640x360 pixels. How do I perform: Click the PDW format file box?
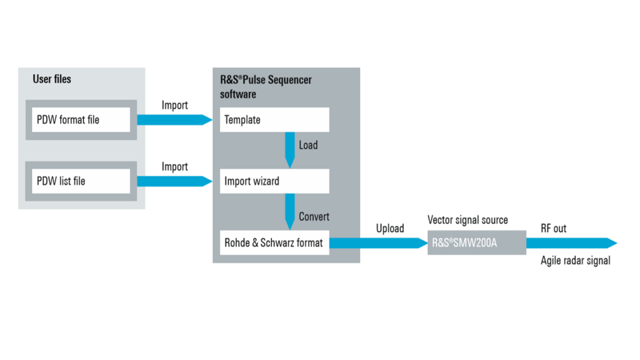[80, 120]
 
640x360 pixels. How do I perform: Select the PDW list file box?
[80, 181]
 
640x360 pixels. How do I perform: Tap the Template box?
[274, 120]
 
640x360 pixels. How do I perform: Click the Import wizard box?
[274, 181]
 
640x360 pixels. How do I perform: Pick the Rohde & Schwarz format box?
[274, 243]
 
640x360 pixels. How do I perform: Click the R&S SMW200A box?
[476, 243]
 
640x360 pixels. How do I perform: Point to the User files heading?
[52, 79]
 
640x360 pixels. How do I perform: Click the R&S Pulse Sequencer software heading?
[265, 86]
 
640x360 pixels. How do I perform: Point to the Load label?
[308, 145]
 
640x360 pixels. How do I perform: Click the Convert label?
[314, 217]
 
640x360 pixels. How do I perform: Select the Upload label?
[389, 228]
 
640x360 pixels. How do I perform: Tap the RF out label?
[553, 228]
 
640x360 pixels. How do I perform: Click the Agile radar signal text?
[575, 260]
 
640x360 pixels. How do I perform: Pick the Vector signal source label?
[467, 220]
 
